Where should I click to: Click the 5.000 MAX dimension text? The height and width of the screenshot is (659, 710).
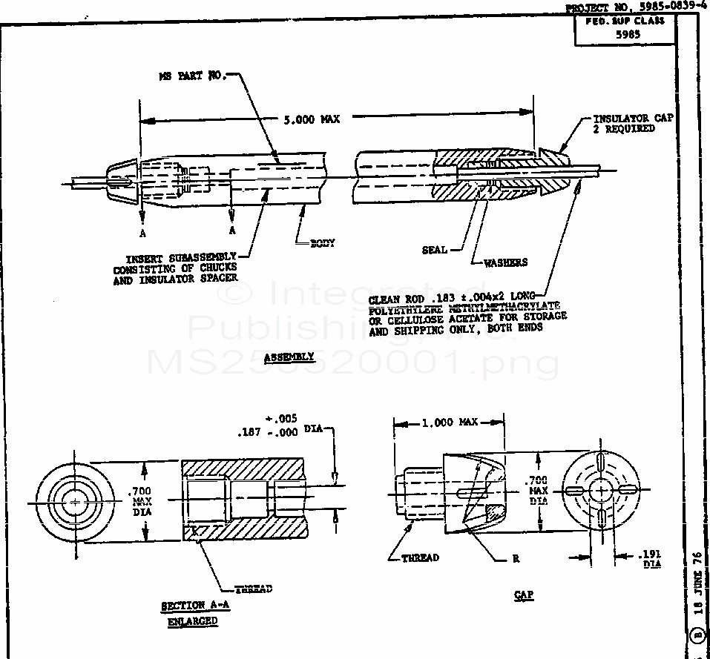[312, 119]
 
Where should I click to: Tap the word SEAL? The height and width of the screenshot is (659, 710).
[435, 251]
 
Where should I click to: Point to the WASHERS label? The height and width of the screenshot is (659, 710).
[506, 262]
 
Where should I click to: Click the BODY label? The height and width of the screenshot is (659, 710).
[323, 243]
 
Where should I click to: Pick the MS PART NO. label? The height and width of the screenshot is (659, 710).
[191, 76]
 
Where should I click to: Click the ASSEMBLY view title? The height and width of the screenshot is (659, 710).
[289, 357]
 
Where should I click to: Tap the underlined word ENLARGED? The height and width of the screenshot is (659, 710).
[192, 621]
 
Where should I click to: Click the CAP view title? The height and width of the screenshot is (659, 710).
[524, 595]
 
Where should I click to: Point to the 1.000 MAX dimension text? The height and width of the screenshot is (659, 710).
[450, 423]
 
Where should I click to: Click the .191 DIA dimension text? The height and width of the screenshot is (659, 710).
[651, 559]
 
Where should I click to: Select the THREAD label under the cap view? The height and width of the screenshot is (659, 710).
[420, 558]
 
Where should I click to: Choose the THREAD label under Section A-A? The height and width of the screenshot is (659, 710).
[253, 589]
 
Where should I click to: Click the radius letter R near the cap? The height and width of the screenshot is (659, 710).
[516, 559]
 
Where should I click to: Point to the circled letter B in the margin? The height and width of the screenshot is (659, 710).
[697, 636]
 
